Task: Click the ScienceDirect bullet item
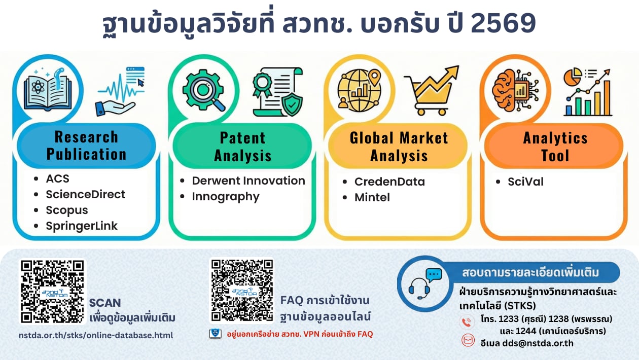(85, 194)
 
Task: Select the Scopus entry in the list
(67, 210)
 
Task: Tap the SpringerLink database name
(82, 226)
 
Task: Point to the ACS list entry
(57, 178)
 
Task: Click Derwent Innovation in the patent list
(248, 181)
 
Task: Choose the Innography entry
(225, 197)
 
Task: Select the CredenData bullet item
(389, 182)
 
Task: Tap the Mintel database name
(372, 197)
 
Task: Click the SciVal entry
(525, 182)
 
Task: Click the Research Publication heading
(86, 146)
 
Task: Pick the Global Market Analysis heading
(399, 147)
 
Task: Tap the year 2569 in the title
(503, 23)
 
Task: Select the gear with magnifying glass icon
(204, 90)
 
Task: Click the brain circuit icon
(515, 91)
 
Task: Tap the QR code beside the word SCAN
(53, 291)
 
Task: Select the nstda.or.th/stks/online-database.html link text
(96, 335)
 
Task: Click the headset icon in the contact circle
(419, 289)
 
